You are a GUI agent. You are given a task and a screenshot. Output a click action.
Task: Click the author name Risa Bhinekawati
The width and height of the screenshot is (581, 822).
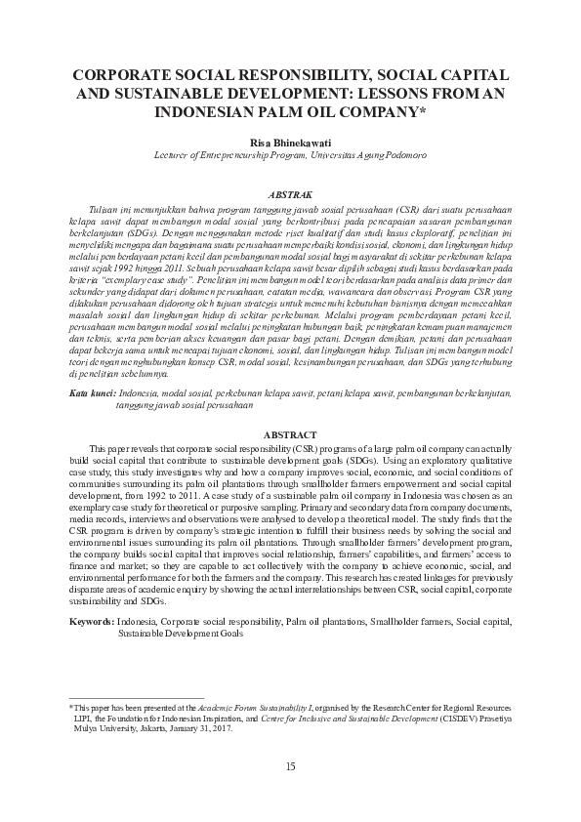[x=290, y=141]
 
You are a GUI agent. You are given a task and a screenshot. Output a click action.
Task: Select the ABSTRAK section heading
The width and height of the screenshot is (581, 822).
[x=290, y=196]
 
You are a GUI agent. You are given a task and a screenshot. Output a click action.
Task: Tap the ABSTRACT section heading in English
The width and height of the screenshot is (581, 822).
[x=290, y=433]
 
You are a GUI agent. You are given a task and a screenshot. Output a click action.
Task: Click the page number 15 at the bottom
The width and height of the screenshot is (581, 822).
[x=290, y=764]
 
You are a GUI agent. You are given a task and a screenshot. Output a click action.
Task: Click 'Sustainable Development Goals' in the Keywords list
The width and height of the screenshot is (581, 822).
[x=181, y=633]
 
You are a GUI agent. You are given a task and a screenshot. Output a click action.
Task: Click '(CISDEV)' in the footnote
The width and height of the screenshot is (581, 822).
[x=456, y=717]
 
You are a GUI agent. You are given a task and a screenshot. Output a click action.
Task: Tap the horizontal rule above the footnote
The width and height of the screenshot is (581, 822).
[x=137, y=697]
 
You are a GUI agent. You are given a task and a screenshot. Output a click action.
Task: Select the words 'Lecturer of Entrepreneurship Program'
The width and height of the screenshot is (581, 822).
[x=228, y=155]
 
